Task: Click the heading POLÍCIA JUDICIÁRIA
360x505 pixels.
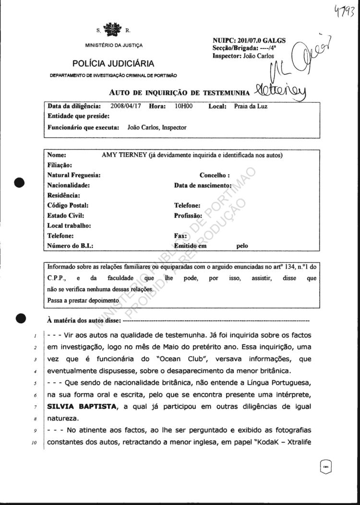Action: pos(113,63)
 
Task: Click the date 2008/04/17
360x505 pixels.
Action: pos(126,106)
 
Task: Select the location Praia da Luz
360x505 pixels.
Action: pos(250,106)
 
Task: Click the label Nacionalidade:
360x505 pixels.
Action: pos(69,185)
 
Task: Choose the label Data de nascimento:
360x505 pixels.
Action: pos(203,185)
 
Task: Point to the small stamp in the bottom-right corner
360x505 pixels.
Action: pos(325,465)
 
